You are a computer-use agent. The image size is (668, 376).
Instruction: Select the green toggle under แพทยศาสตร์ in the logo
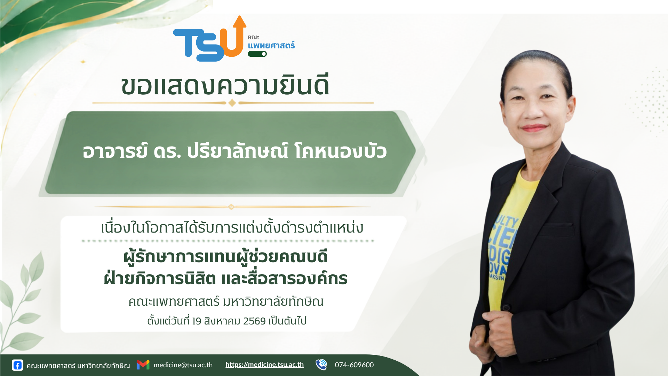(257, 54)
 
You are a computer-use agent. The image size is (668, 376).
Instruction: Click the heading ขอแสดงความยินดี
(225, 86)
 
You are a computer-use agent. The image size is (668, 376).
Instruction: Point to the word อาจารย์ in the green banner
(115, 151)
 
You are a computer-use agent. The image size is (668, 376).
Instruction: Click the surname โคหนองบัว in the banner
(341, 151)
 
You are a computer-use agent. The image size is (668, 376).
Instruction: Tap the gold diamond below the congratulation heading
(232, 103)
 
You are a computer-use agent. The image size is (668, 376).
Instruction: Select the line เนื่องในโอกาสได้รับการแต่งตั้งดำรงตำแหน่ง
(232, 227)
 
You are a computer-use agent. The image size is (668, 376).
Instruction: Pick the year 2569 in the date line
(254, 321)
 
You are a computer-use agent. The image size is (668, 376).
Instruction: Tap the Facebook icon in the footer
(17, 365)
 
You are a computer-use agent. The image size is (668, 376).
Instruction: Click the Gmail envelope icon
(143, 365)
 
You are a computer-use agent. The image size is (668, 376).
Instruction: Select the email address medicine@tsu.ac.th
(183, 365)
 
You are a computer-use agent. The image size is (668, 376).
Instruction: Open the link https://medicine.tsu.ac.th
(264, 365)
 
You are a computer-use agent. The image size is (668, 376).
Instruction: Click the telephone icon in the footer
(321, 365)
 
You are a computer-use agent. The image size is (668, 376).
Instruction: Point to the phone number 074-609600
(354, 365)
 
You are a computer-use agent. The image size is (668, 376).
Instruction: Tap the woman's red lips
(534, 128)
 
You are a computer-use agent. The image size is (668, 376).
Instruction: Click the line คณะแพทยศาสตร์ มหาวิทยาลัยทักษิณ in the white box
(226, 301)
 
